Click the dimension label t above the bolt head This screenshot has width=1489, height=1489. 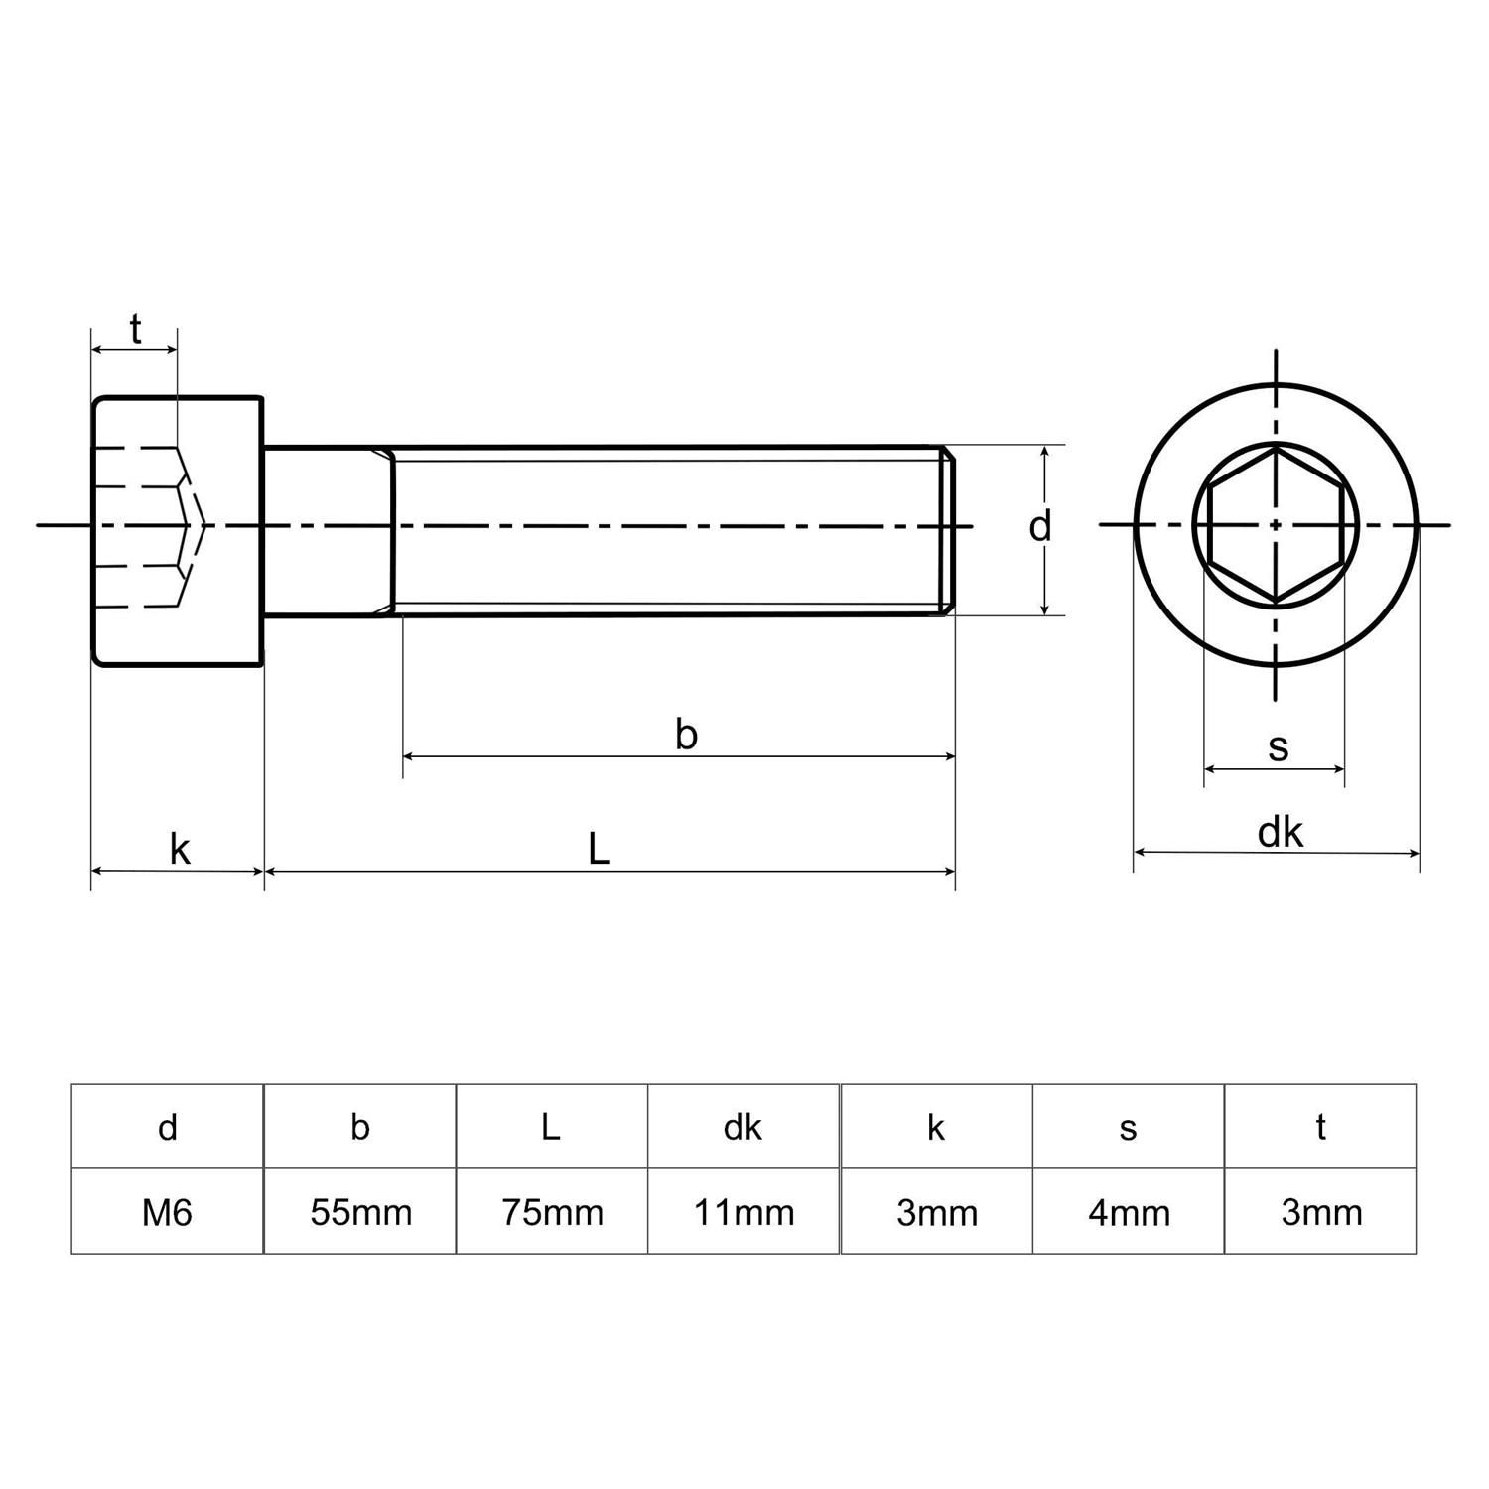click(x=135, y=329)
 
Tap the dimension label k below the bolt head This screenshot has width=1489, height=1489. click(x=179, y=850)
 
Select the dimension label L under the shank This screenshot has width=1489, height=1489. click(x=599, y=849)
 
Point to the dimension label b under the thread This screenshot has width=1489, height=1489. click(x=686, y=735)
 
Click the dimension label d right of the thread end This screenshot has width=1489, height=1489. click(x=1038, y=527)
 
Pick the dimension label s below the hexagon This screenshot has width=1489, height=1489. click(x=1278, y=746)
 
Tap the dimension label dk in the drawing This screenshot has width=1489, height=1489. click(x=1280, y=832)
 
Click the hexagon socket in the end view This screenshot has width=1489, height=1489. click(x=1276, y=525)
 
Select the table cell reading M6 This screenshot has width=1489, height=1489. click(x=167, y=1212)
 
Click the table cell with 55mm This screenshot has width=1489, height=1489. click(x=360, y=1212)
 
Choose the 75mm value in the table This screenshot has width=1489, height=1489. click(x=552, y=1212)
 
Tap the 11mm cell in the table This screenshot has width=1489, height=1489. click(x=744, y=1212)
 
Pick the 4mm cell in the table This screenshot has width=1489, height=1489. click(x=1129, y=1212)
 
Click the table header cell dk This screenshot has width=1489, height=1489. click(x=743, y=1127)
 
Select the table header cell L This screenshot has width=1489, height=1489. click(x=551, y=1127)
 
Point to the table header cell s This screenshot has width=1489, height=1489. click(x=1128, y=1127)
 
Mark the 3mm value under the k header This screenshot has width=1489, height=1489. click(x=936, y=1212)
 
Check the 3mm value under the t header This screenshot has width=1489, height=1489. click(x=1321, y=1212)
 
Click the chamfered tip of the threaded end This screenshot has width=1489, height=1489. click(x=948, y=530)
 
